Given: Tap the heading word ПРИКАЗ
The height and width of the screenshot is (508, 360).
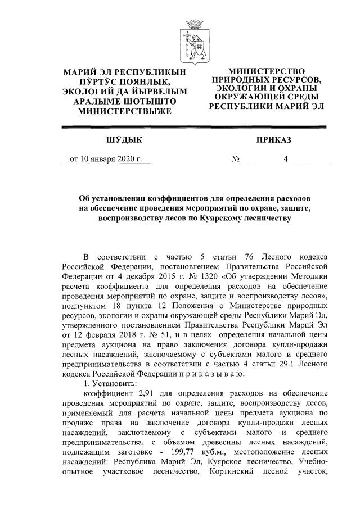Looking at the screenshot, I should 272,139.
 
